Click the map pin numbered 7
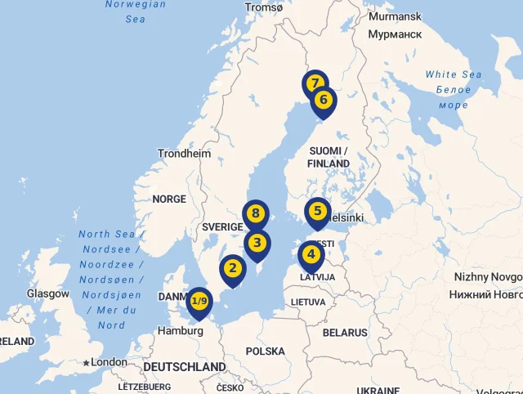tap(315, 83)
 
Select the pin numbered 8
tap(256, 214)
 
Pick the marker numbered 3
tap(257, 243)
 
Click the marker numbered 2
tap(233, 268)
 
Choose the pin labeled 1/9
tap(199, 301)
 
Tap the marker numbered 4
tap(311, 254)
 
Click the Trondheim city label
tap(184, 153)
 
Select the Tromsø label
tap(263, 7)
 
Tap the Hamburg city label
tap(181, 331)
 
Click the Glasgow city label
tap(47, 293)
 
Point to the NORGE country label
tap(169, 199)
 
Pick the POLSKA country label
tap(266, 351)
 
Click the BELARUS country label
tap(345, 333)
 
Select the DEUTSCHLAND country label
tap(184, 367)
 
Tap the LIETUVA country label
tap(308, 302)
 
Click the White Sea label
tap(454, 74)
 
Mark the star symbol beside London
tap(86, 362)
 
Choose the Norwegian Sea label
tap(136, 11)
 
